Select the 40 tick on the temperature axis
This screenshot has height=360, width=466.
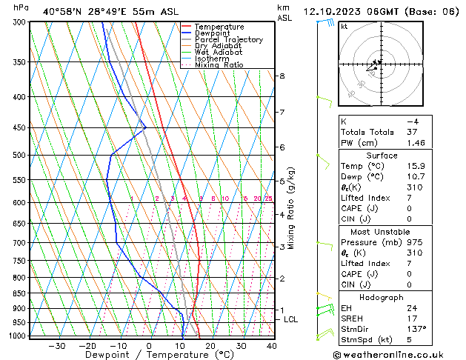coord(272,346)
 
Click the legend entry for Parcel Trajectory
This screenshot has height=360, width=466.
coord(228,39)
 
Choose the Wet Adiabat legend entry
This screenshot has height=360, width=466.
coord(219,52)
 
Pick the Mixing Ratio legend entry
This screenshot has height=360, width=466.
coord(221,64)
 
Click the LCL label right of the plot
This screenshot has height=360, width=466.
coord(291,319)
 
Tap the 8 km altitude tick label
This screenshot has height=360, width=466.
coord(282,76)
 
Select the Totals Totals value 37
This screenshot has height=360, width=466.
coord(411,132)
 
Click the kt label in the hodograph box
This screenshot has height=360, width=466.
coord(344,27)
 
